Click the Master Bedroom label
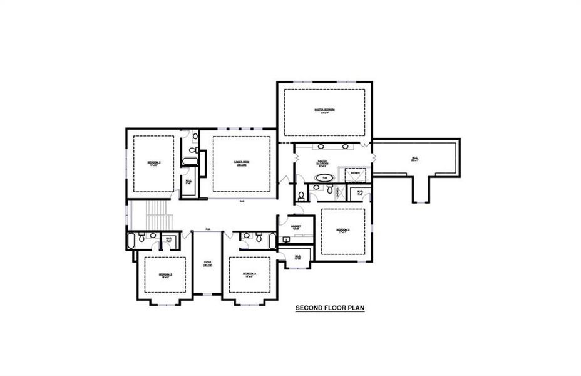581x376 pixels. [324, 110]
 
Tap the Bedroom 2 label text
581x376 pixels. [154, 162]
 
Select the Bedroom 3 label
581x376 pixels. [165, 274]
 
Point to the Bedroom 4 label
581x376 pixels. [249, 274]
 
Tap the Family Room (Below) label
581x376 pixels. [242, 163]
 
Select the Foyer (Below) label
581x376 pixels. [207, 264]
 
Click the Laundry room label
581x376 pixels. [296, 226]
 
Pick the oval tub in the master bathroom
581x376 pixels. [324, 178]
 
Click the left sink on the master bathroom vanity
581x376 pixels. [321, 147]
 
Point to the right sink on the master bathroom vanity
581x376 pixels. [345, 147]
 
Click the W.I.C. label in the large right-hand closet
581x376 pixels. [414, 158]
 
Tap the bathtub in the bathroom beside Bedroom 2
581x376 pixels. [190, 162]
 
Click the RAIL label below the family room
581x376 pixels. [242, 201]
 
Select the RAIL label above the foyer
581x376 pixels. [207, 229]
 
